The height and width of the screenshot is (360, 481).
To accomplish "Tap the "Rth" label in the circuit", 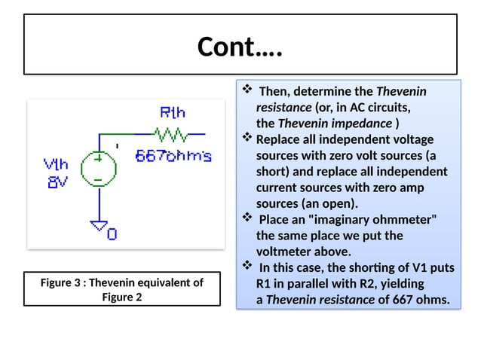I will coord(173,114).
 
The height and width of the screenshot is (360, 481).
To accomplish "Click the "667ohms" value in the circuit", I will coord(173,157).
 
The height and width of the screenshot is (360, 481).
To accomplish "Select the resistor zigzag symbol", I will coord(170,135).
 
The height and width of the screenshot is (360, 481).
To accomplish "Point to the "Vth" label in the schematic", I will coord(56,163).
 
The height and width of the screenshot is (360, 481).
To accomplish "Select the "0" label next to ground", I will coord(112,234).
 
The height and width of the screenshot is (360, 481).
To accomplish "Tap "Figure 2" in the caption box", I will coord(121,297).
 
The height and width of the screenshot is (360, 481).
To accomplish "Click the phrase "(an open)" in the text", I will coord(329,203).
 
